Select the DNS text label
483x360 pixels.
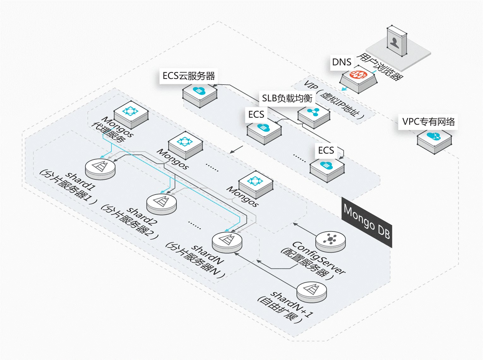[x=342, y=62]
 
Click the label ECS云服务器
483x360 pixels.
[x=188, y=76]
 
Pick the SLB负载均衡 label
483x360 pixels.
[x=287, y=98]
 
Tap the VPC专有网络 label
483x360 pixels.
[x=428, y=122]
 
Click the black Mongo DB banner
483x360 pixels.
[x=367, y=222]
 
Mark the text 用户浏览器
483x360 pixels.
[x=380, y=66]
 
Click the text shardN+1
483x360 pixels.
[x=292, y=304]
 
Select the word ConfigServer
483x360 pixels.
[x=319, y=257]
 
